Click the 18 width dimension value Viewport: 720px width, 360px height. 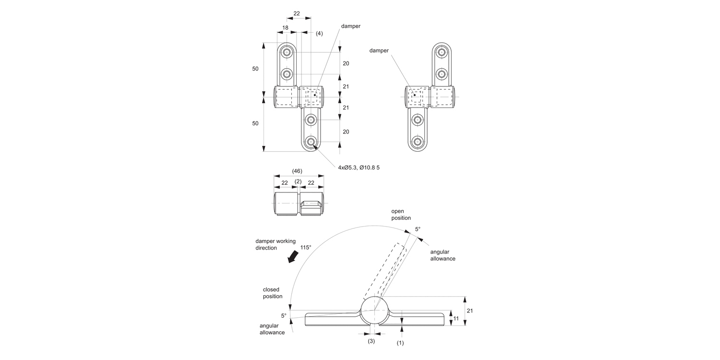click(286, 28)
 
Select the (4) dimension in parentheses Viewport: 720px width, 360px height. click(319, 34)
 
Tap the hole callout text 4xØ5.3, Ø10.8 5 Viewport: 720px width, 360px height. click(359, 168)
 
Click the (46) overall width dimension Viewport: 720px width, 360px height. click(297, 171)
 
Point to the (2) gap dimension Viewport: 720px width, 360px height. click(298, 181)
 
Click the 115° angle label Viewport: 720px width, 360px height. click(306, 248)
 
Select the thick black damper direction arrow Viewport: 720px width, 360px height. click(293, 257)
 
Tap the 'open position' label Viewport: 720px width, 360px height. click(401, 215)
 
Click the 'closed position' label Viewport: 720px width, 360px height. click(273, 293)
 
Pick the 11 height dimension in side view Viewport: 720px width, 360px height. click(456, 319)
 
